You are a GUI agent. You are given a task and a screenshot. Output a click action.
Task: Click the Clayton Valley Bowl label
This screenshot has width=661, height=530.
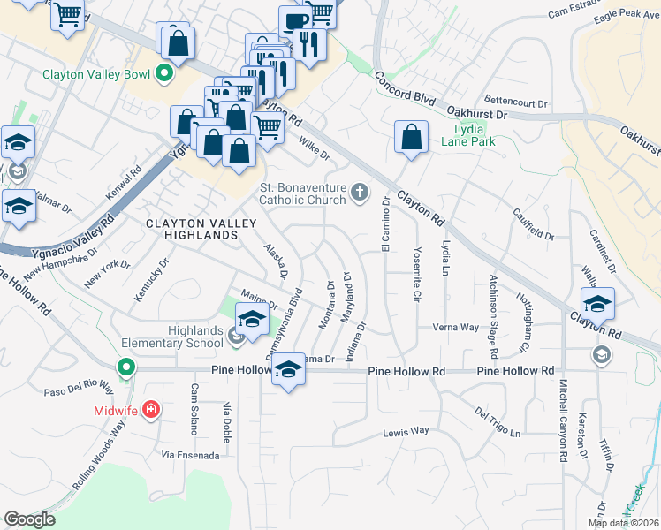point(96,74)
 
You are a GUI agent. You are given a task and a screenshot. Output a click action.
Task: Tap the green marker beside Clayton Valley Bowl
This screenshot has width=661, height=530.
point(163,74)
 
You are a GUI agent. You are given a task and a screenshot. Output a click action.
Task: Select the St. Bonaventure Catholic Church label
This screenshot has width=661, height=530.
point(302,193)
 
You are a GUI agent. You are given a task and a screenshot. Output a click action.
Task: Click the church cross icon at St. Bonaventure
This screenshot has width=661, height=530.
point(360,192)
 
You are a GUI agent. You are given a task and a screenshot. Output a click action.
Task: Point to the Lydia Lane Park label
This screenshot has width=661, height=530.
point(467,134)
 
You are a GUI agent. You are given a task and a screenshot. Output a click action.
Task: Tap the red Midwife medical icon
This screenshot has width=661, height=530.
point(151,410)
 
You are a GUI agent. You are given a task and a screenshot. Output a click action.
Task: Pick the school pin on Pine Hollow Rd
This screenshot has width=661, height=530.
point(288,369)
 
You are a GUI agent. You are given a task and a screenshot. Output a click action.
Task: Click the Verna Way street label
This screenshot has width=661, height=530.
point(456,327)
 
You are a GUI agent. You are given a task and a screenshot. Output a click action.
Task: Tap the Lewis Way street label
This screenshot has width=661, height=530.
point(406,432)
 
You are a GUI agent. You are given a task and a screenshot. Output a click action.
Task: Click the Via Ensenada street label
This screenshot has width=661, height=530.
point(190,455)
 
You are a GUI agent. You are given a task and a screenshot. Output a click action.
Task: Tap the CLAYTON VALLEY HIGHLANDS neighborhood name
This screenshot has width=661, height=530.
point(193,230)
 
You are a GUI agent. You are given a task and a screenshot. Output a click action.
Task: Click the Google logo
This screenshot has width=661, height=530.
point(29,519)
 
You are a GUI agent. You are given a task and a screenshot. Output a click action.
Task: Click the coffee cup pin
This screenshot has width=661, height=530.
point(295,21)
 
